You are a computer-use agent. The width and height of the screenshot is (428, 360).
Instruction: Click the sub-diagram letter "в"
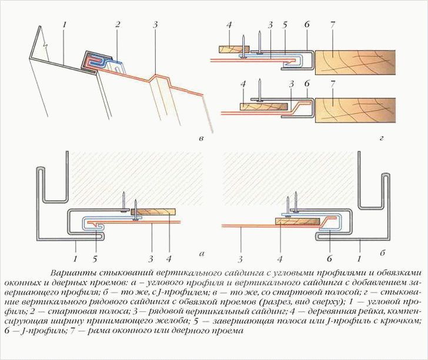201,139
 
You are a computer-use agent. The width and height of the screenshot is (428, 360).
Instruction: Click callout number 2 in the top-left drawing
118,24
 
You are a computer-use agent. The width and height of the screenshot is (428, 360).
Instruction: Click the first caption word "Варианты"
69,273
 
